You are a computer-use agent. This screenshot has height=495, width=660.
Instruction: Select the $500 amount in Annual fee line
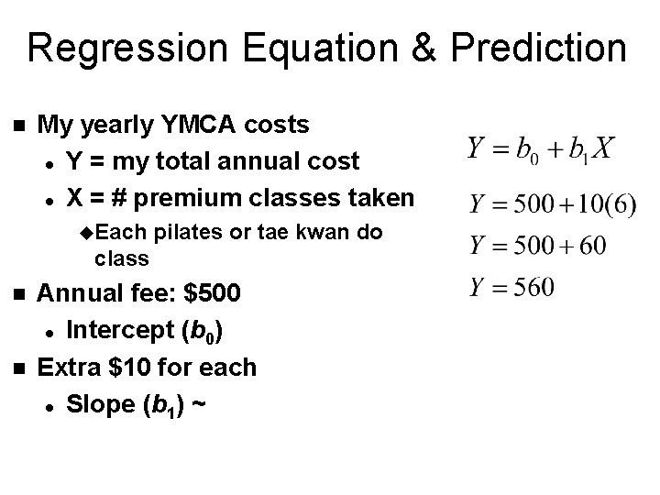click(214, 295)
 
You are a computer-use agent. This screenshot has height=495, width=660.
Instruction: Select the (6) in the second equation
click(619, 203)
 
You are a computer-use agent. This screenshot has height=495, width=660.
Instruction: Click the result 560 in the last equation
click(534, 288)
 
